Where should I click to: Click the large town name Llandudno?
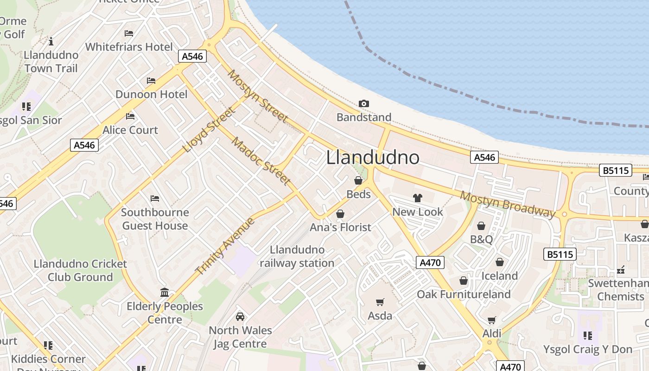tap(373, 157)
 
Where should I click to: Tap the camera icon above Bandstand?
tap(364, 103)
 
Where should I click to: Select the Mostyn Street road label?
tap(257, 96)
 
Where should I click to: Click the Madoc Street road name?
tap(261, 161)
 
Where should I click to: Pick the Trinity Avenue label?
tap(225, 246)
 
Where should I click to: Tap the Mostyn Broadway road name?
tap(507, 204)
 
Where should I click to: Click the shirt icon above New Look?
tap(417, 198)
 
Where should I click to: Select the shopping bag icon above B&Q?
tap(481, 226)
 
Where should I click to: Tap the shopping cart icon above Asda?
tap(380, 302)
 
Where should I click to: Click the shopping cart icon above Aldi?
tap(491, 320)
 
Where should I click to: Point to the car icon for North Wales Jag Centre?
tap(240, 317)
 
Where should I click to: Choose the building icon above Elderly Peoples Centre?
tap(165, 293)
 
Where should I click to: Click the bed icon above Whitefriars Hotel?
tap(129, 33)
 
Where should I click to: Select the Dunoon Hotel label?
tap(151, 94)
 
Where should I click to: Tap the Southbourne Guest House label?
tap(155, 219)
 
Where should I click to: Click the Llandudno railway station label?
tap(297, 256)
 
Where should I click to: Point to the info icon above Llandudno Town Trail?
tap(51, 41)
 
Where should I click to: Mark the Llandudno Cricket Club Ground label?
tap(80, 270)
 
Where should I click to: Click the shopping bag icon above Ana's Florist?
tap(340, 214)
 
